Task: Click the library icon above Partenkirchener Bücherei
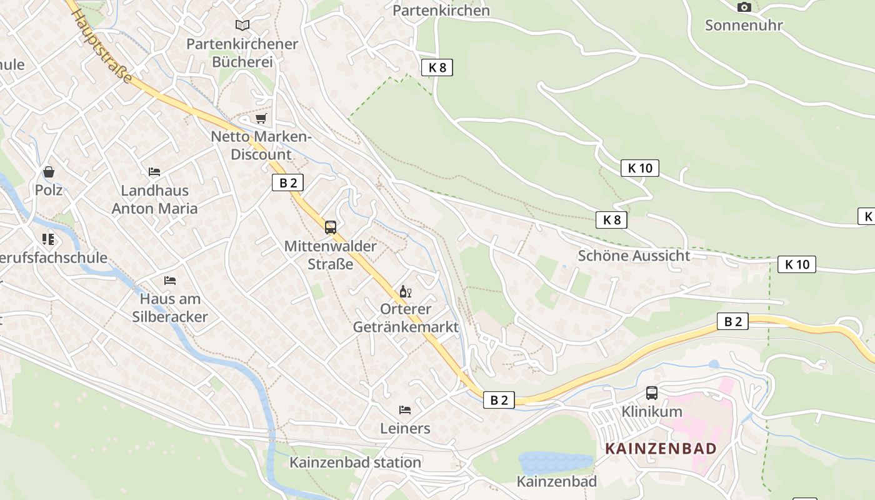point(242,25)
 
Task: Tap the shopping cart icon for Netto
point(261,118)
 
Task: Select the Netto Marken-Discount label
point(261,145)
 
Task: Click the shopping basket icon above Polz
point(49,171)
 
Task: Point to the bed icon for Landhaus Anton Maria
point(154,171)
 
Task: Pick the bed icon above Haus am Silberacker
point(169,280)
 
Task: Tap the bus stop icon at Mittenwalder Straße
point(331,227)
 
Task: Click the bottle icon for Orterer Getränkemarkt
point(405,291)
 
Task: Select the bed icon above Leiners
point(405,410)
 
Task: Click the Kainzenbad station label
point(355,462)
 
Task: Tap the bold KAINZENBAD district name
point(661,448)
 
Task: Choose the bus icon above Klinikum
point(651,393)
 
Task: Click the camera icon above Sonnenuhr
point(744,7)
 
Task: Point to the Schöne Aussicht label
point(634,256)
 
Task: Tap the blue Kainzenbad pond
point(554,463)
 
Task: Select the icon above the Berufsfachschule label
point(48,239)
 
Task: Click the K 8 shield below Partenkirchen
point(437,67)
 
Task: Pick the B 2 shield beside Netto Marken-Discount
point(287,182)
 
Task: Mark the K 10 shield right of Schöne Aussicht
point(797,264)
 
